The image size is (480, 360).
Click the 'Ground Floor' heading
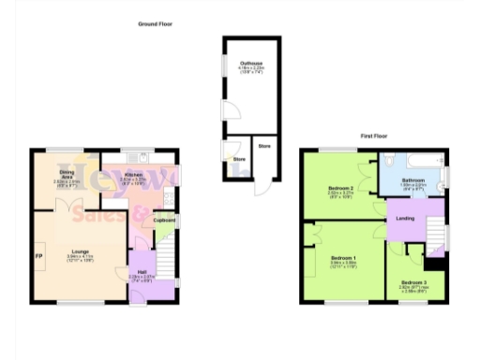[x=155, y=23]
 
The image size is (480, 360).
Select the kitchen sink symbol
[x=139, y=156]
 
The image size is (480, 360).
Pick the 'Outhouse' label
[x=250, y=64]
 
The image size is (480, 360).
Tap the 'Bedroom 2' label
[x=340, y=187]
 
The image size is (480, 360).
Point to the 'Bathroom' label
[x=413, y=180]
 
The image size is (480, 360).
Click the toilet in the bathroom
[x=443, y=175]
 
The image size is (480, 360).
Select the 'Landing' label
[x=406, y=218]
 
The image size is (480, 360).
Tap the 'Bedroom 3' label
[x=413, y=282]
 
